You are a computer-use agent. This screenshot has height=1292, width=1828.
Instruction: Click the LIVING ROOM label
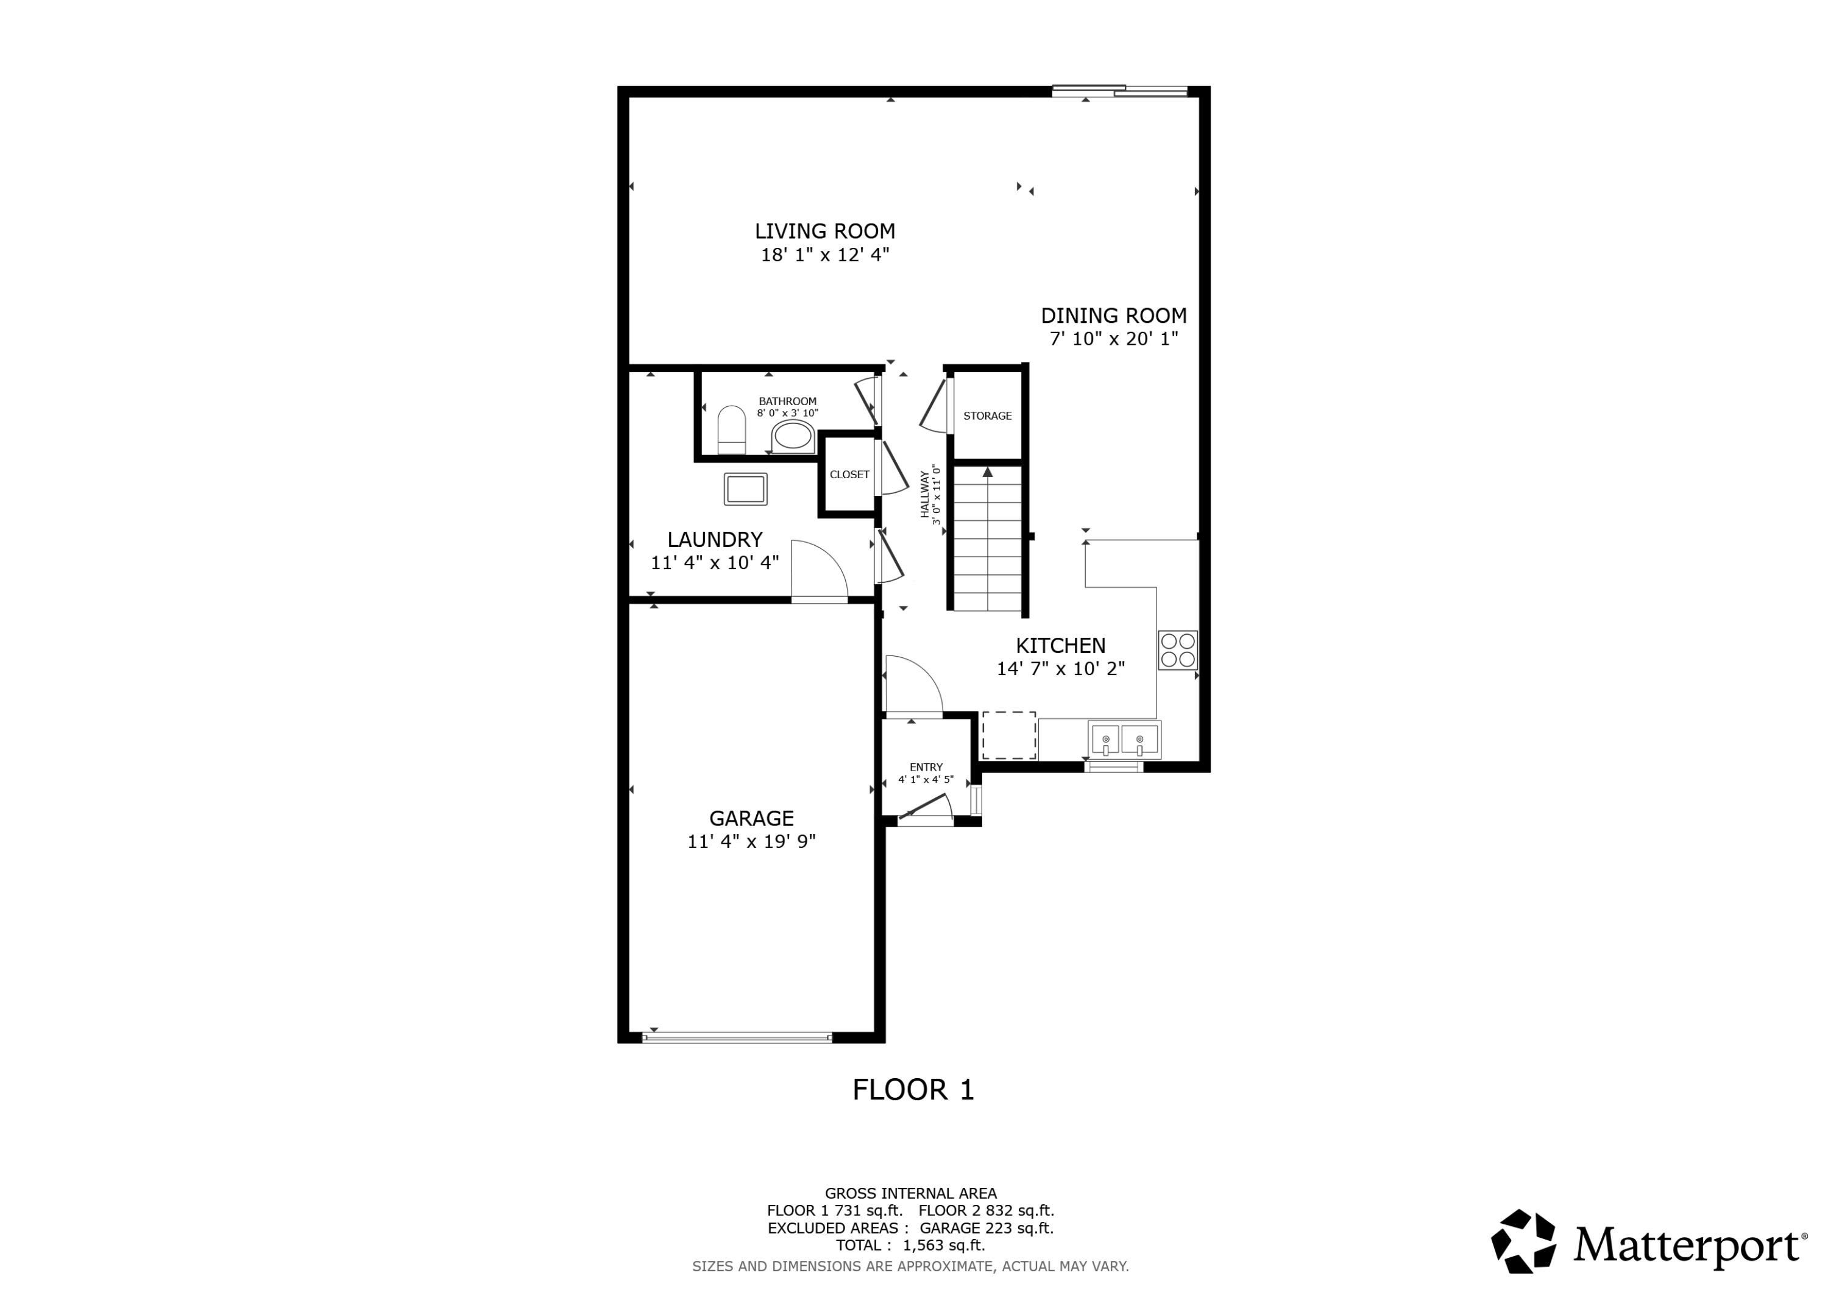pos(825,231)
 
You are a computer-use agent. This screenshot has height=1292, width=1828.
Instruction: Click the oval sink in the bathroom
pos(792,436)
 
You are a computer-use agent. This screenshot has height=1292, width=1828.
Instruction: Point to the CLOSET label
pos(849,475)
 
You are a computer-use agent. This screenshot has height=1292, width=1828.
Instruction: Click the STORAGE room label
pos(987,415)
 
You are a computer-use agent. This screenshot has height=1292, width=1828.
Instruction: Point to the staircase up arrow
pos(987,473)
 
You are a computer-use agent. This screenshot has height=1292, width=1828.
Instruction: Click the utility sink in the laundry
pos(745,489)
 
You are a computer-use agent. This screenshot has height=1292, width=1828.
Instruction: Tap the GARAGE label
pos(751,818)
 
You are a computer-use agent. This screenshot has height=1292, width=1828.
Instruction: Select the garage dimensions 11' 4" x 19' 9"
pos(751,841)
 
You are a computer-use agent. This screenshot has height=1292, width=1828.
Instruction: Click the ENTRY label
pos(926,768)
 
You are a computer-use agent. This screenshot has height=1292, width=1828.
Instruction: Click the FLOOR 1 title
pos(913,1090)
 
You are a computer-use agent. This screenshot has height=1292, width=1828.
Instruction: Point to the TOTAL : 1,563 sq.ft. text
pos(910,1245)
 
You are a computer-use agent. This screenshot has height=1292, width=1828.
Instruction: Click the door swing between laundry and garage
pos(820,570)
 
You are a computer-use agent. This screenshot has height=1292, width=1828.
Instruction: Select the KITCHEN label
pos(1060,646)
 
